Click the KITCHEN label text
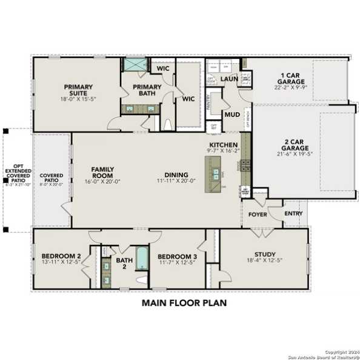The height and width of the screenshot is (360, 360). (221, 144)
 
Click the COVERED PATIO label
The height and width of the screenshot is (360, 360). (52, 178)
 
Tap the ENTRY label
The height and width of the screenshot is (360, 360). (293, 214)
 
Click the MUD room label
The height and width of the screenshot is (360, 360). (232, 114)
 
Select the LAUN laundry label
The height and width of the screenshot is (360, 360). (228, 79)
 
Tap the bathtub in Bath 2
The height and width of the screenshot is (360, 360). (142, 259)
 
